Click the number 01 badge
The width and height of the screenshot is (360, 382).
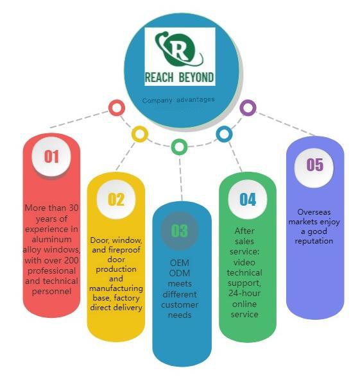click(51, 156)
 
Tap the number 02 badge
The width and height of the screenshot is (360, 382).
click(116, 199)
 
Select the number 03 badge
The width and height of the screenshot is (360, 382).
click(180, 231)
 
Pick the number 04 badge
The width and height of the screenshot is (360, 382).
click(247, 199)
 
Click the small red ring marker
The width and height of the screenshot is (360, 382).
click(117, 108)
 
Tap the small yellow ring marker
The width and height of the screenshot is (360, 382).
click(140, 134)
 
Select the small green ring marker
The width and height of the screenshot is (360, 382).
click(179, 147)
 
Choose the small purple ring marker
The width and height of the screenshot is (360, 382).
click(248, 108)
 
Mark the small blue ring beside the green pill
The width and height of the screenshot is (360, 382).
click(224, 134)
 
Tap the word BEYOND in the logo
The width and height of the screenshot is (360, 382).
click(196, 78)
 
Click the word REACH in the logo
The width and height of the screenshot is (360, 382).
click(159, 78)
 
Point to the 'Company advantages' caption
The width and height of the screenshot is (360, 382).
click(178, 100)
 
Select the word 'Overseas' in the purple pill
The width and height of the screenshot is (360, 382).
click(314, 212)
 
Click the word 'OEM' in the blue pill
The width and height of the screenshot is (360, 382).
click(180, 263)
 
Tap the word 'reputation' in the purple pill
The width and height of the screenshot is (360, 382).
click(314, 241)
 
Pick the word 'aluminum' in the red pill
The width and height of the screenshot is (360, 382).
click(51, 239)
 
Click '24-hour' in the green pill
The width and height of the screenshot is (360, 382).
click(244, 293)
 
